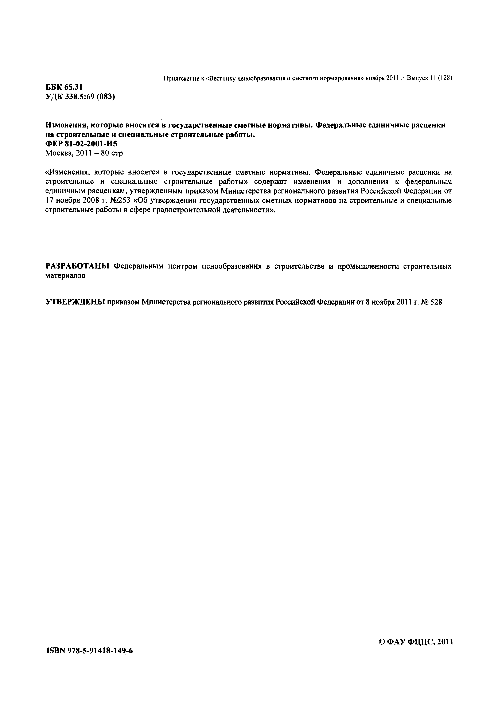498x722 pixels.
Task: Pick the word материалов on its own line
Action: [x=65, y=276]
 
